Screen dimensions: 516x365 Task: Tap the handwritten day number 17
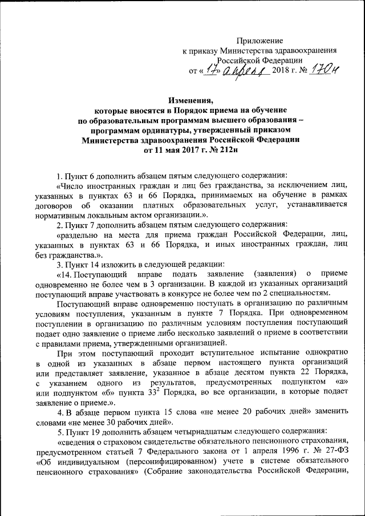pyautogui.click(x=212, y=70)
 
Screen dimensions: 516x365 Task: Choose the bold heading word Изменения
pyautogui.click(x=189, y=99)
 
